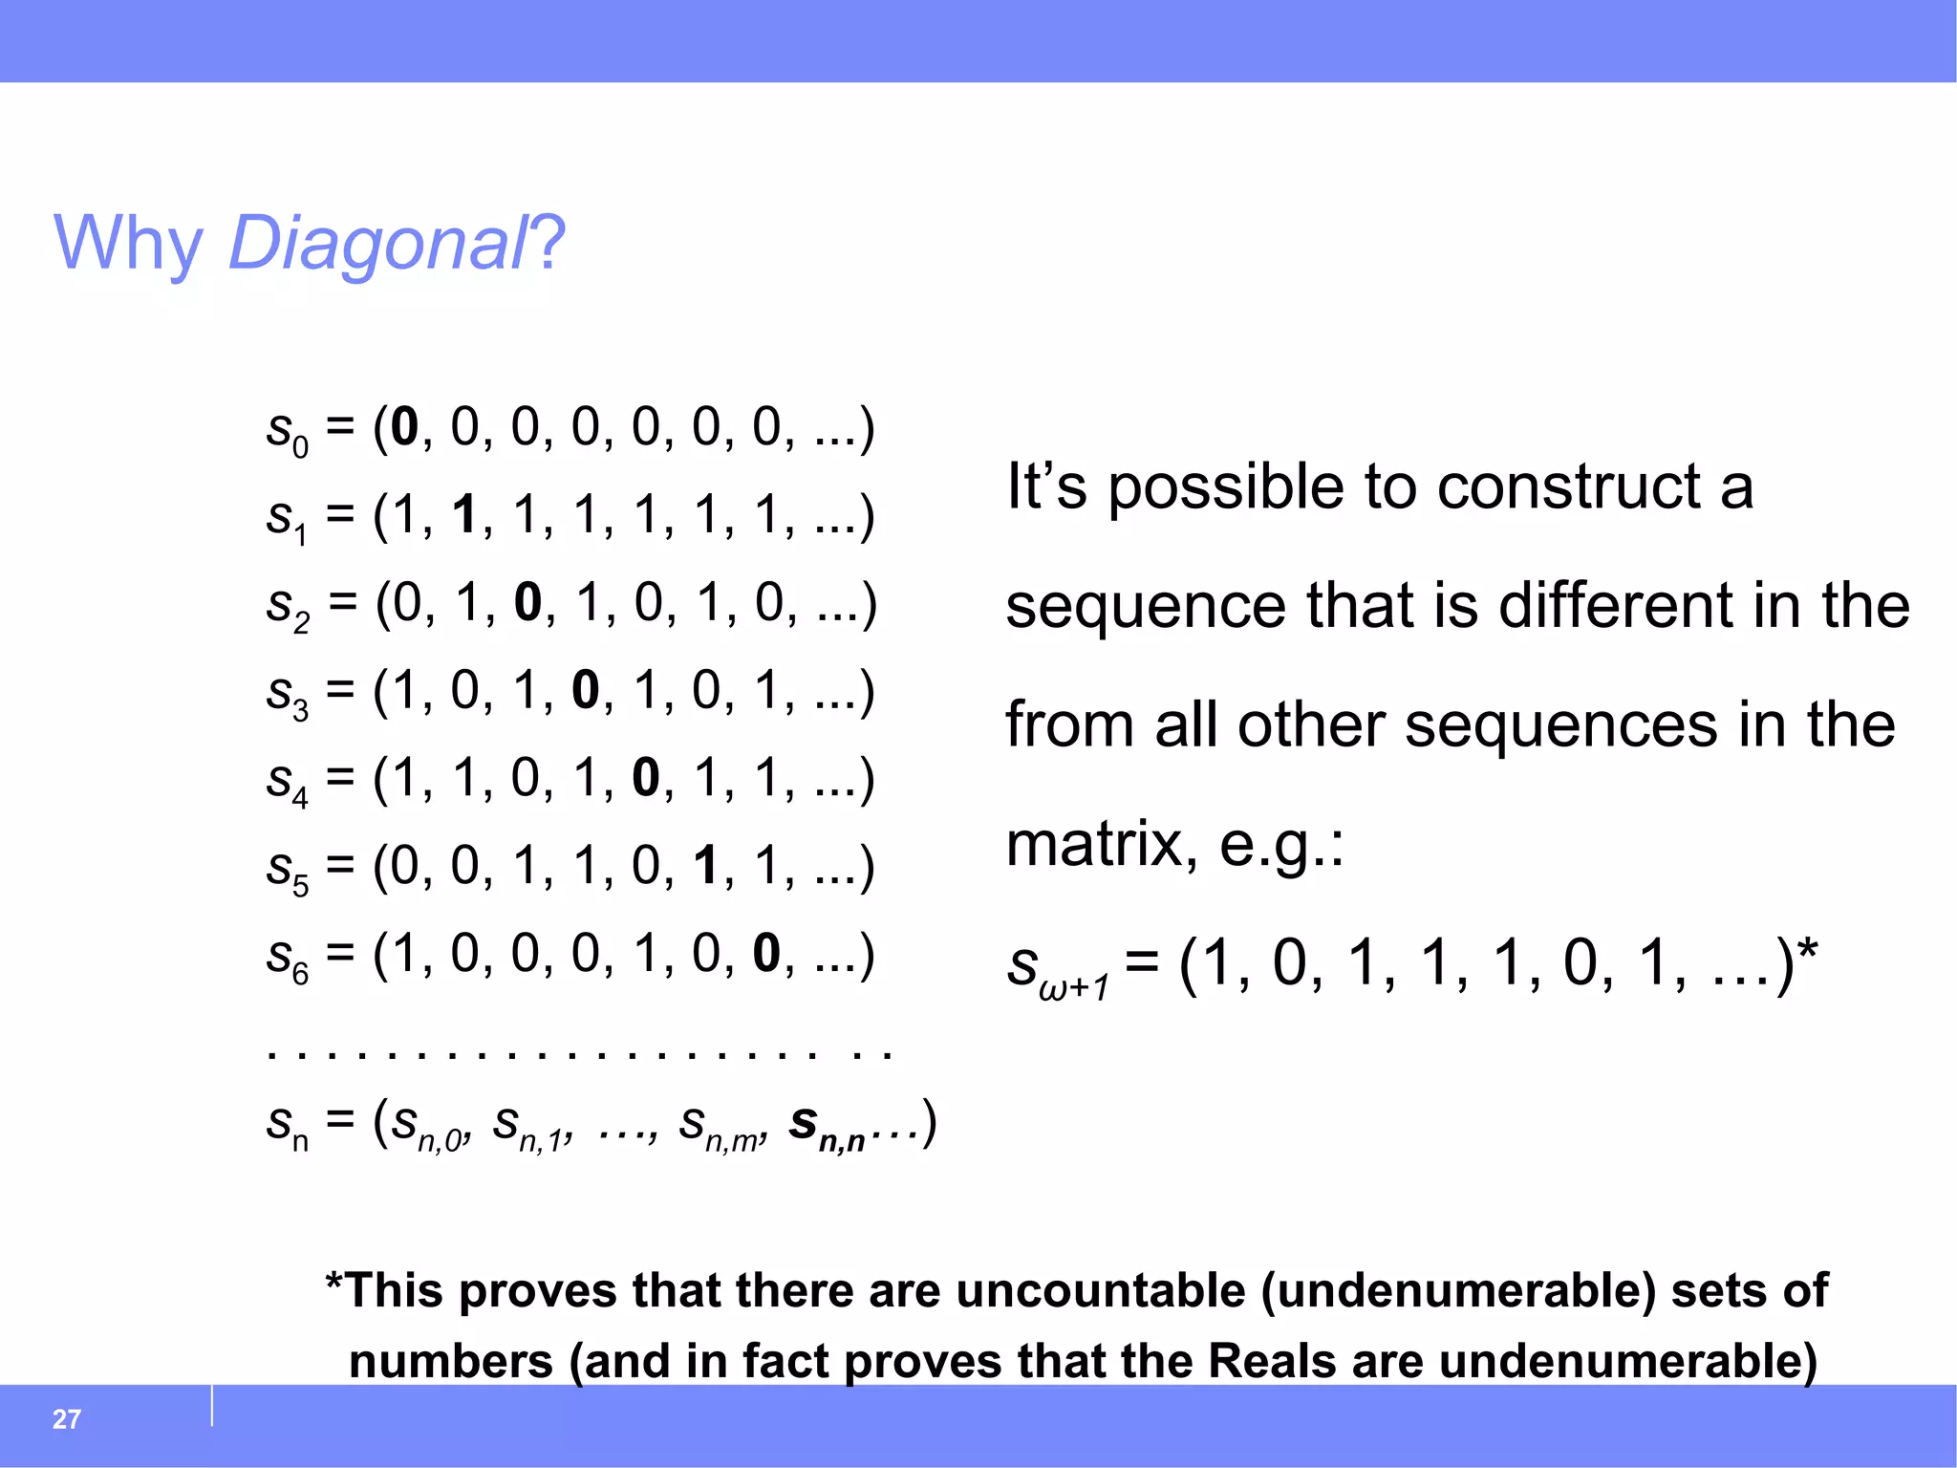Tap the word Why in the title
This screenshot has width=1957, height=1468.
click(128, 244)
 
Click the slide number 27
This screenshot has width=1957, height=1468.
click(66, 1419)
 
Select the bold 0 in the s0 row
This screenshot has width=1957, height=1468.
click(404, 427)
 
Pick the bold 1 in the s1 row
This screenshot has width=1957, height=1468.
click(464, 515)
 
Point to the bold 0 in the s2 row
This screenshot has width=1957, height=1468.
click(527, 603)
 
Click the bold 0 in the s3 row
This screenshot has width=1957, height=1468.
click(585, 691)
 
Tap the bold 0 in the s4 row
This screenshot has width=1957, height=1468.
click(646, 779)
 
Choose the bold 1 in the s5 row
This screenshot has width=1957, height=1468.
click(706, 867)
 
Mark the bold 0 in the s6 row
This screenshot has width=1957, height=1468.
click(766, 955)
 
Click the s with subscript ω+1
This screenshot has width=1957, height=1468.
click(1057, 967)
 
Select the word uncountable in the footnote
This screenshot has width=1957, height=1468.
click(1100, 1290)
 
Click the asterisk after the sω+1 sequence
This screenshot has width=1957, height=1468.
click(1807, 951)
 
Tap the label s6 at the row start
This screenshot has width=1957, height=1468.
click(287, 959)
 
